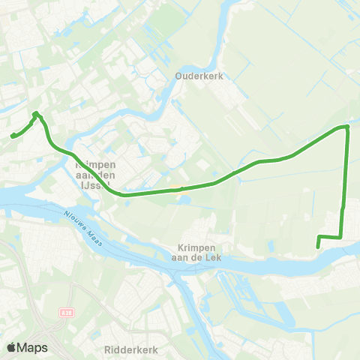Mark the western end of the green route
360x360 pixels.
tap(12, 136)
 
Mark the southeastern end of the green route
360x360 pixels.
tap(319, 246)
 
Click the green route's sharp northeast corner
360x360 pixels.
tap(347, 127)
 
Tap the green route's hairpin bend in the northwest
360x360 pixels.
tap(35, 113)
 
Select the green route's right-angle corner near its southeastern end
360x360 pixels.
tap(341, 237)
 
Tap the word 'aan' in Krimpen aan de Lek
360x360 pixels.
tap(181, 258)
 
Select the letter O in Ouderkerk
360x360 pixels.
tap(178, 76)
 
